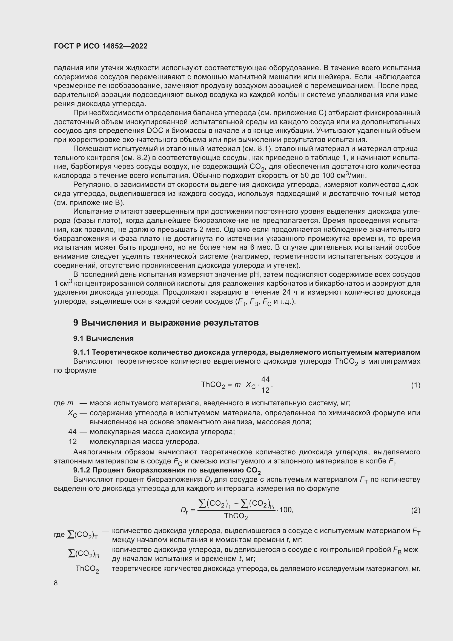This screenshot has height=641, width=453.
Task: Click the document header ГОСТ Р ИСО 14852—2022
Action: [101, 46]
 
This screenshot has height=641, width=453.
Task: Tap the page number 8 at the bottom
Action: [56, 583]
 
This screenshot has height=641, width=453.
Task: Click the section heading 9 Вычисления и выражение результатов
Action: [166, 323]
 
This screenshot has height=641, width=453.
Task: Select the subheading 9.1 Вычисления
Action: [104, 339]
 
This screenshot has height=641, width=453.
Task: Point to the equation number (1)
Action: [415, 385]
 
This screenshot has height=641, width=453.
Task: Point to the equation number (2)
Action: [415, 510]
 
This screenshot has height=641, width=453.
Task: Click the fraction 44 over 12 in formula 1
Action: [265, 385]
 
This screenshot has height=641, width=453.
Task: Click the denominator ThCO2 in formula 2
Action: [236, 516]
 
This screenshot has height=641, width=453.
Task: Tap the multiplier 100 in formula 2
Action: [286, 510]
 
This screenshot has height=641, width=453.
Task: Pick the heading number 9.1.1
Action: [82, 352]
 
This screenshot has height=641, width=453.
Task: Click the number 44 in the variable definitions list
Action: [72, 432]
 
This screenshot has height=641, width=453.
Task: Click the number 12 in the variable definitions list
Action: [73, 442]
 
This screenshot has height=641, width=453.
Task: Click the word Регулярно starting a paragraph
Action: [91, 184]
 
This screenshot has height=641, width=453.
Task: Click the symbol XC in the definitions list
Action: [72, 414]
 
